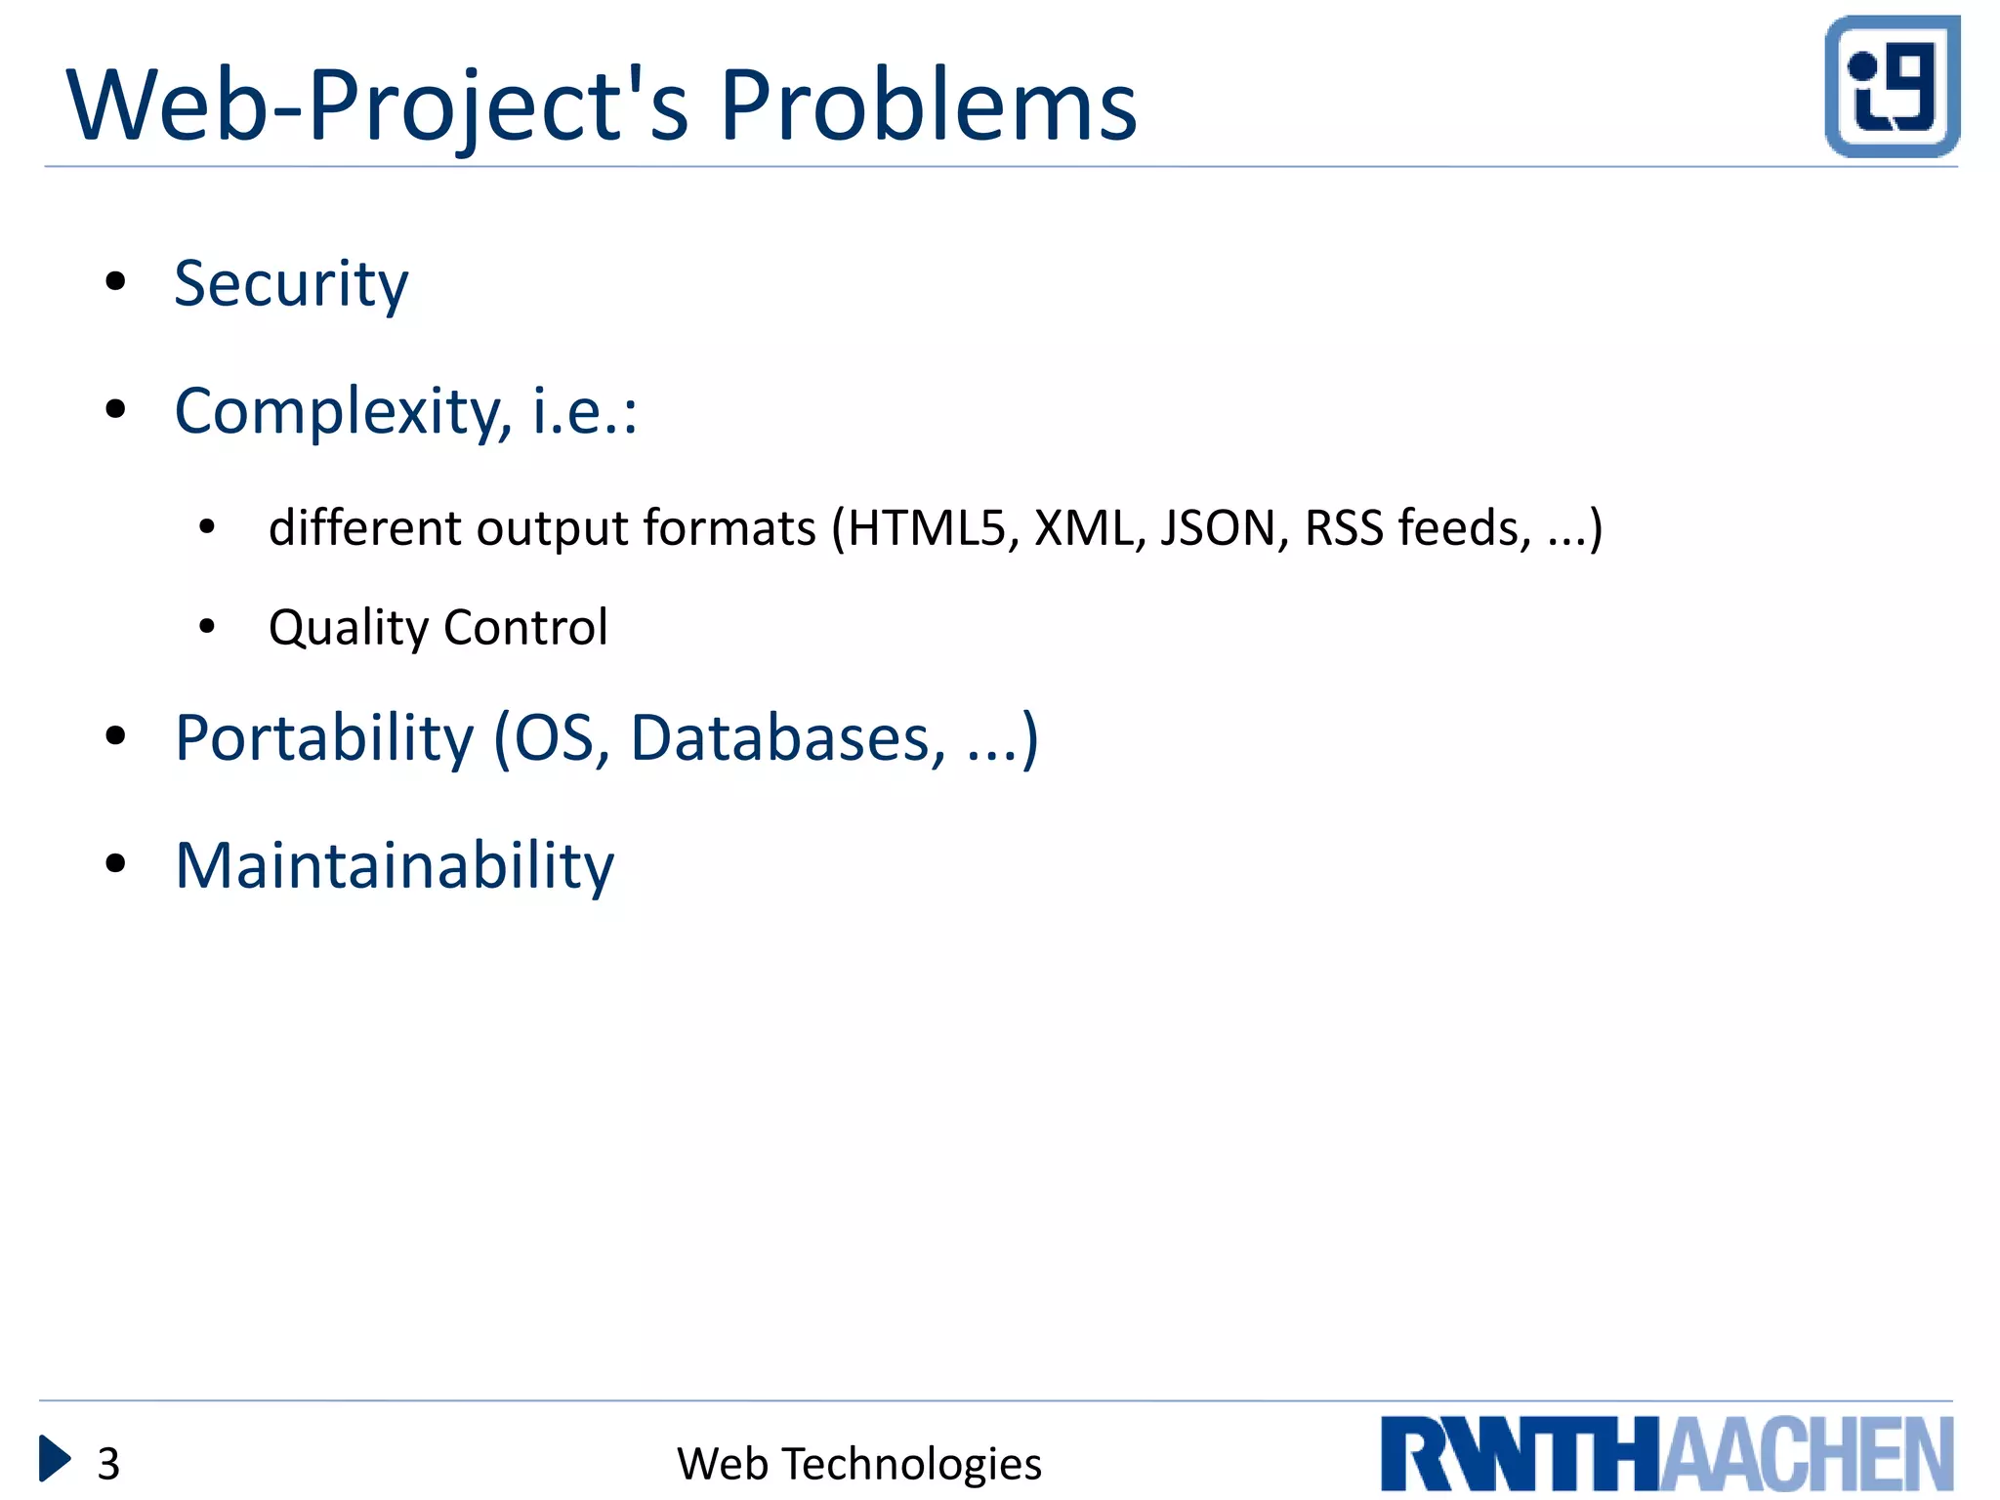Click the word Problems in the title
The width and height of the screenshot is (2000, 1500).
pos(928,105)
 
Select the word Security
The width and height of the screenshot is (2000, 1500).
pos(291,284)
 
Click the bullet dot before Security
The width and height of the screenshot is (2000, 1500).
pos(116,282)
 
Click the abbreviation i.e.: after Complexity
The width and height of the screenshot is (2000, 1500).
pos(584,412)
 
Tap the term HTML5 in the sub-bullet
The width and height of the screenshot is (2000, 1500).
pos(926,528)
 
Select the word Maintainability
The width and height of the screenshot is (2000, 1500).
pos(395,866)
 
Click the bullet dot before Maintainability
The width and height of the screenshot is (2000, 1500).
pos(116,863)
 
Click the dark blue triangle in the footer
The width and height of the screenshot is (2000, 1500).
pos(54,1459)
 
